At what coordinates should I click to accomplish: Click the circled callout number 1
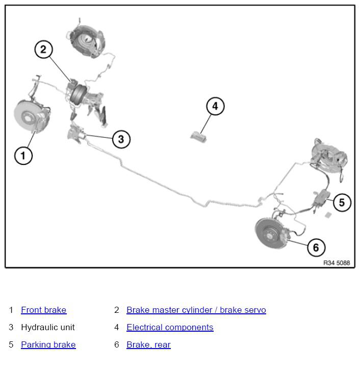click(23, 156)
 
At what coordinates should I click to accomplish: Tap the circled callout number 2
click(43, 50)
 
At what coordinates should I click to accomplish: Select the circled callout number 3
click(121, 139)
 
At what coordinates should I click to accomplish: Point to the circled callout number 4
click(215, 106)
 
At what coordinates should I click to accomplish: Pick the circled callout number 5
click(342, 202)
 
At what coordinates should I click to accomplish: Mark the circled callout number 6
click(316, 248)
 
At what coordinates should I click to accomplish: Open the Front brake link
click(44, 310)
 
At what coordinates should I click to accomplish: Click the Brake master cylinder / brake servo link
click(196, 310)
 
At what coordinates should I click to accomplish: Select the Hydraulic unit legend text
click(48, 327)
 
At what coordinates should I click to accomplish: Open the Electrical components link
click(170, 327)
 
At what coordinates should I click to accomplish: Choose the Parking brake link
click(48, 344)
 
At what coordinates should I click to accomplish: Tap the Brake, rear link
click(148, 344)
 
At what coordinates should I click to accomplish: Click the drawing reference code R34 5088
click(337, 263)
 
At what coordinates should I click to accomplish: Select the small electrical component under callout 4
click(198, 137)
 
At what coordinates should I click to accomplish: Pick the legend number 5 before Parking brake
click(11, 344)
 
